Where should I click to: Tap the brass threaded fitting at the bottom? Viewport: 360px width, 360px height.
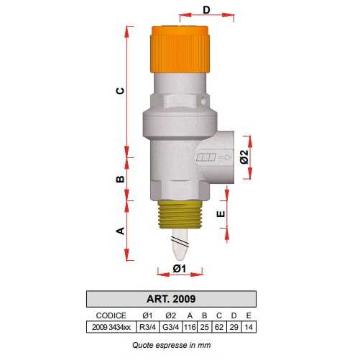coord(179,215)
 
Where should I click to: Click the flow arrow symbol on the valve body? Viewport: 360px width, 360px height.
coord(213,159)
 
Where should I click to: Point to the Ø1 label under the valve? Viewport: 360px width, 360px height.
coord(180,269)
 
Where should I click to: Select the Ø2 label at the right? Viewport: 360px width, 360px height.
coord(244,157)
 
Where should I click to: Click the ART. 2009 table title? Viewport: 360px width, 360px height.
coord(172,298)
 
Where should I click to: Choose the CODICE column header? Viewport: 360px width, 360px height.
coord(111,315)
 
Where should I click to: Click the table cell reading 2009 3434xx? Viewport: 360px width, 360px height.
coord(111,326)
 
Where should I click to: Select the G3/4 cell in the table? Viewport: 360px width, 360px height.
coord(170,326)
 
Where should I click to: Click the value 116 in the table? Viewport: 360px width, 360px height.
coord(190,326)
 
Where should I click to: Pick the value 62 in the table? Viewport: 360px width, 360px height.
coord(220,326)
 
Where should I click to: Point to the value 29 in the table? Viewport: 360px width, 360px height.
coord(234,326)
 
